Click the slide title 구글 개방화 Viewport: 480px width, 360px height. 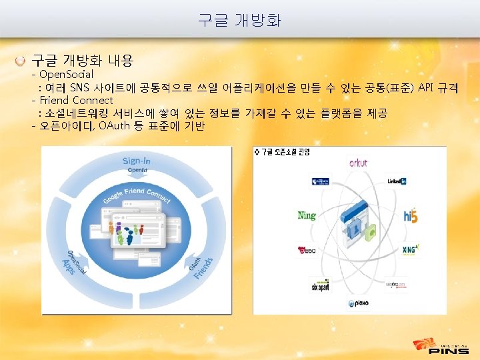click(239, 20)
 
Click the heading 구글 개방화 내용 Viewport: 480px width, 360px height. click(83, 61)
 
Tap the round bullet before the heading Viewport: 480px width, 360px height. click(22, 61)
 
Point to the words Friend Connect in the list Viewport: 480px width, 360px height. click(76, 100)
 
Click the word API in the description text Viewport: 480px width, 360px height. click(425, 87)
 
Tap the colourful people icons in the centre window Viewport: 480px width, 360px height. click(127, 233)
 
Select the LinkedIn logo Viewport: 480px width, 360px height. click(396, 181)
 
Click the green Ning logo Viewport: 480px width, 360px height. click(307, 215)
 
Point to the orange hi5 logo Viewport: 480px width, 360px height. click(409, 215)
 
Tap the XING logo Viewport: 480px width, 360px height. click(410, 250)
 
